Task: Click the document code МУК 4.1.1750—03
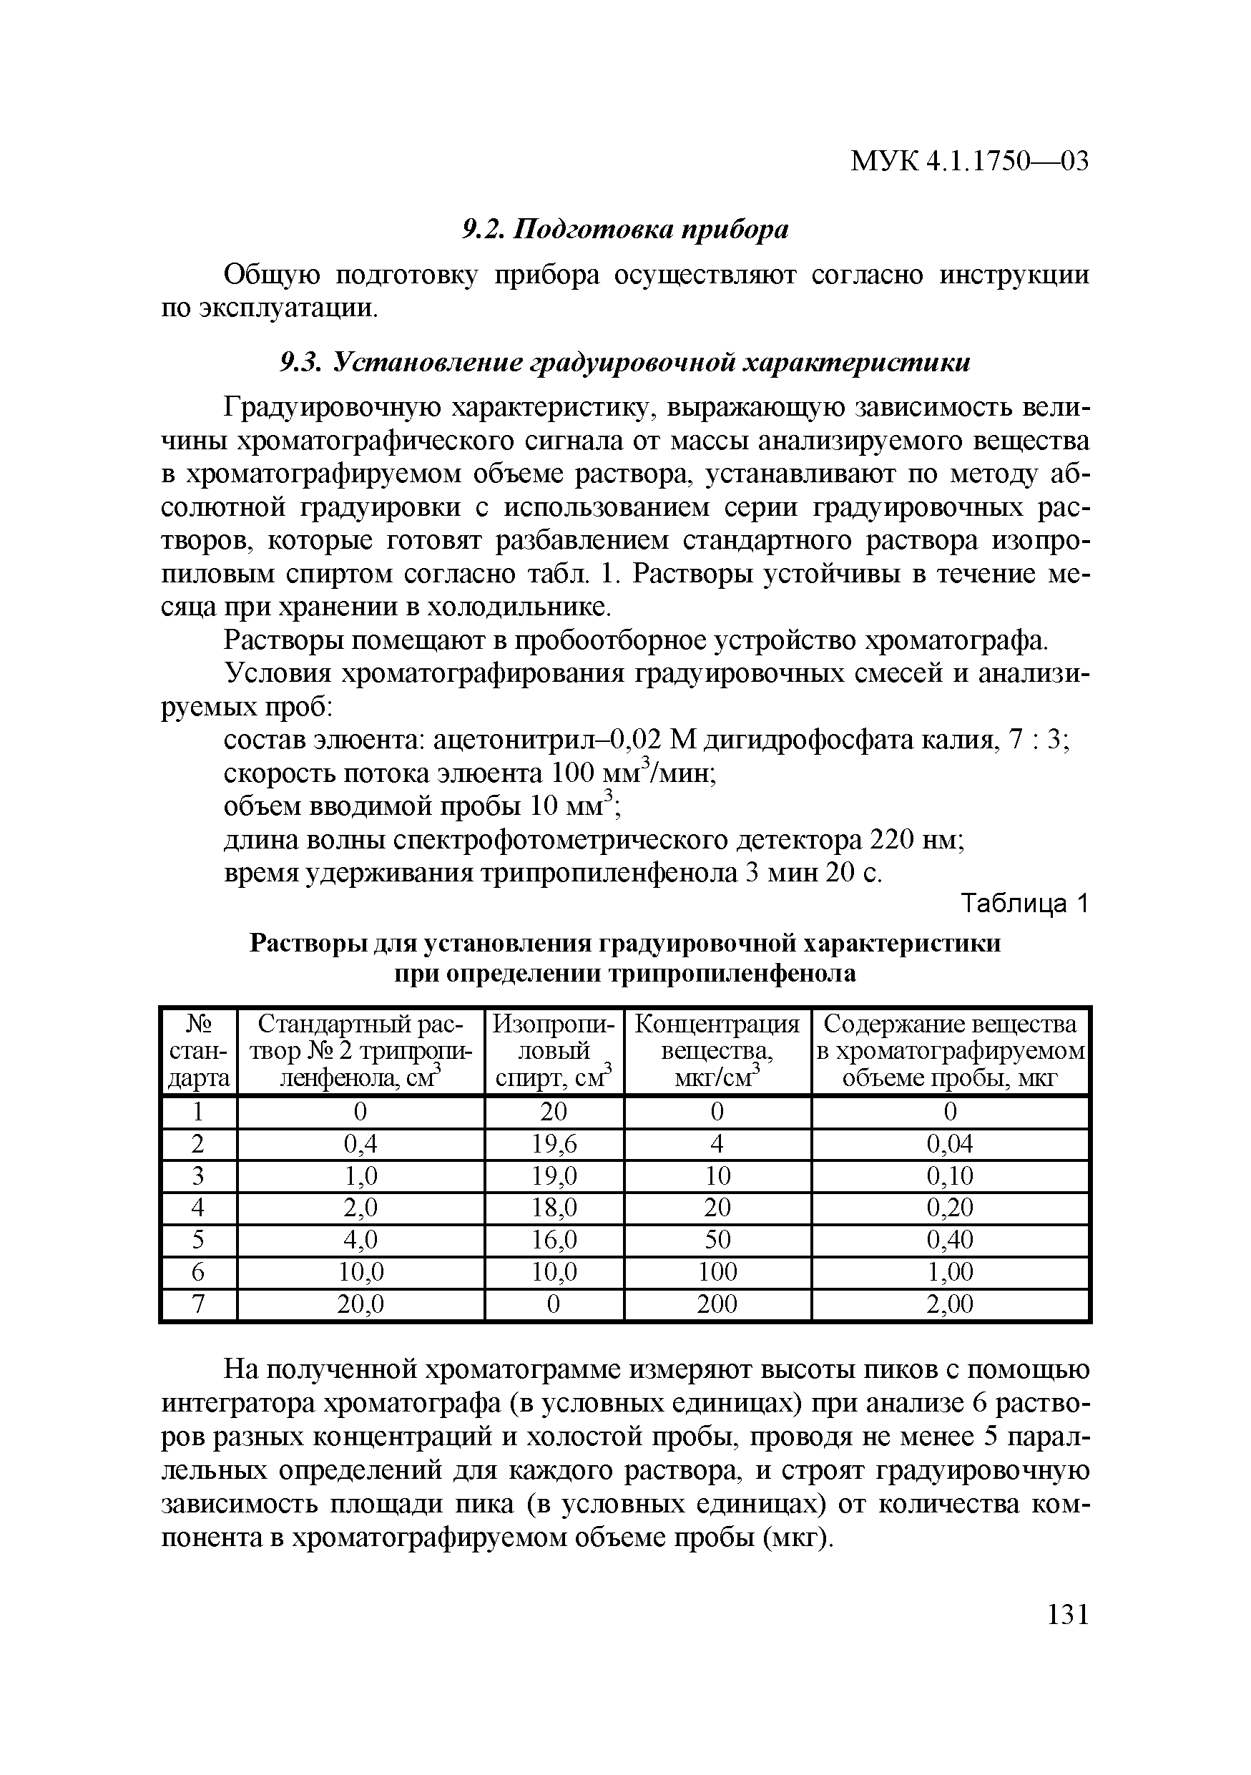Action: tap(969, 162)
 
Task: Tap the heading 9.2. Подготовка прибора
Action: tap(625, 230)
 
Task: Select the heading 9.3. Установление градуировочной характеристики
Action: tap(624, 363)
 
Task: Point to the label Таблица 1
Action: tap(1024, 904)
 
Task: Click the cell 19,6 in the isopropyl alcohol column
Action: tap(554, 1144)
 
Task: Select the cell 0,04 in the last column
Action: tap(950, 1144)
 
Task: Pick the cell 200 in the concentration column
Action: tap(717, 1305)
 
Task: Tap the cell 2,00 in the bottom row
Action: tap(950, 1305)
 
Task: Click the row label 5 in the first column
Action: tap(199, 1241)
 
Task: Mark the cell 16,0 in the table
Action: tap(554, 1241)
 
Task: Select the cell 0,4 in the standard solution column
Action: tap(360, 1144)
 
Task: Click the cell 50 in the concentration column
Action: tap(717, 1241)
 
